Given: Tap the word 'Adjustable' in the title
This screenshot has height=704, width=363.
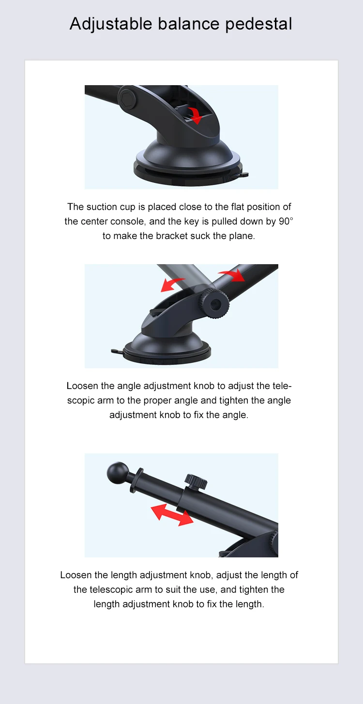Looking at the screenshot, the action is (x=111, y=24).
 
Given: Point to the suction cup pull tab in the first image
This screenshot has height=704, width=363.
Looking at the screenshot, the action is (x=244, y=175).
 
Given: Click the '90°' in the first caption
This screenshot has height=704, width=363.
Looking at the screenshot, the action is (x=286, y=221).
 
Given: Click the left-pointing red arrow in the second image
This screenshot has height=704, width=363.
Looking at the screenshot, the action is (x=172, y=284).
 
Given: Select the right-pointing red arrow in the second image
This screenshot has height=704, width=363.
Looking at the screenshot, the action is (x=232, y=275).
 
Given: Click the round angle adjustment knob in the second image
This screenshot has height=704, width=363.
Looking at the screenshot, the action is (x=215, y=304).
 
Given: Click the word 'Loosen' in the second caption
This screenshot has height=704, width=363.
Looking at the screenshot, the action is (x=82, y=386).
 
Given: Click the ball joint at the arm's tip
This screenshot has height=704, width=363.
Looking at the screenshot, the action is (x=118, y=473).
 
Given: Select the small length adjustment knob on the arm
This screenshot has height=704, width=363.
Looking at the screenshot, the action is (x=196, y=482).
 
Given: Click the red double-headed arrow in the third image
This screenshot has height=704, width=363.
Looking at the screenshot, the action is (x=172, y=515).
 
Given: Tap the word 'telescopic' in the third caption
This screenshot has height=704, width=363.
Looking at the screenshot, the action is (x=111, y=590).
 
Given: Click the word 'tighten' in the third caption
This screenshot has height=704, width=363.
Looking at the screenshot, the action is (x=252, y=589).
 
